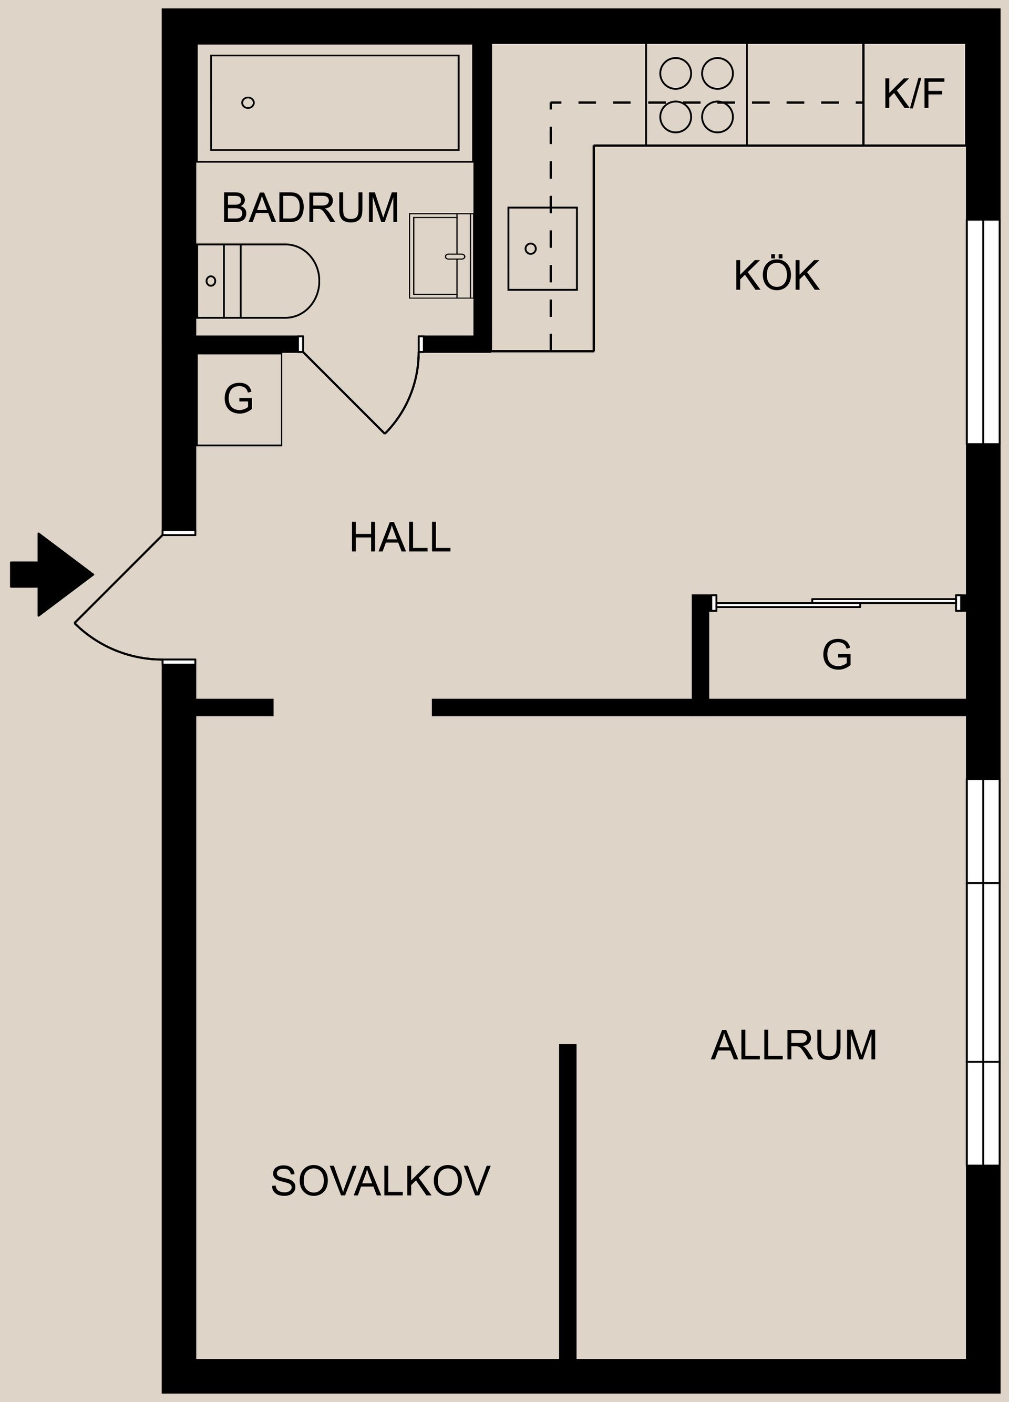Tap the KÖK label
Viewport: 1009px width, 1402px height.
(777, 276)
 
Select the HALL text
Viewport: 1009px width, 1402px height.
(399, 538)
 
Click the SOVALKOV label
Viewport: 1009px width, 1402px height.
(380, 1181)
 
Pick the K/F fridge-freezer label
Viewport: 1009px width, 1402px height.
(913, 95)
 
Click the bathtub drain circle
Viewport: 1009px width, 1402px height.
(248, 102)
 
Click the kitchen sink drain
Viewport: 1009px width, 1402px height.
(530, 249)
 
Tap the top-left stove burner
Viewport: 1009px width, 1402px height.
(675, 74)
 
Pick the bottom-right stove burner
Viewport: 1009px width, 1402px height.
(717, 117)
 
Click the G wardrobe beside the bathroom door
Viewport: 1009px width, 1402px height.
(239, 399)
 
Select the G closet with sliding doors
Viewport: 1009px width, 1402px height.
(837, 654)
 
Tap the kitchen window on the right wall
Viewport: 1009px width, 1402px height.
(983, 332)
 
